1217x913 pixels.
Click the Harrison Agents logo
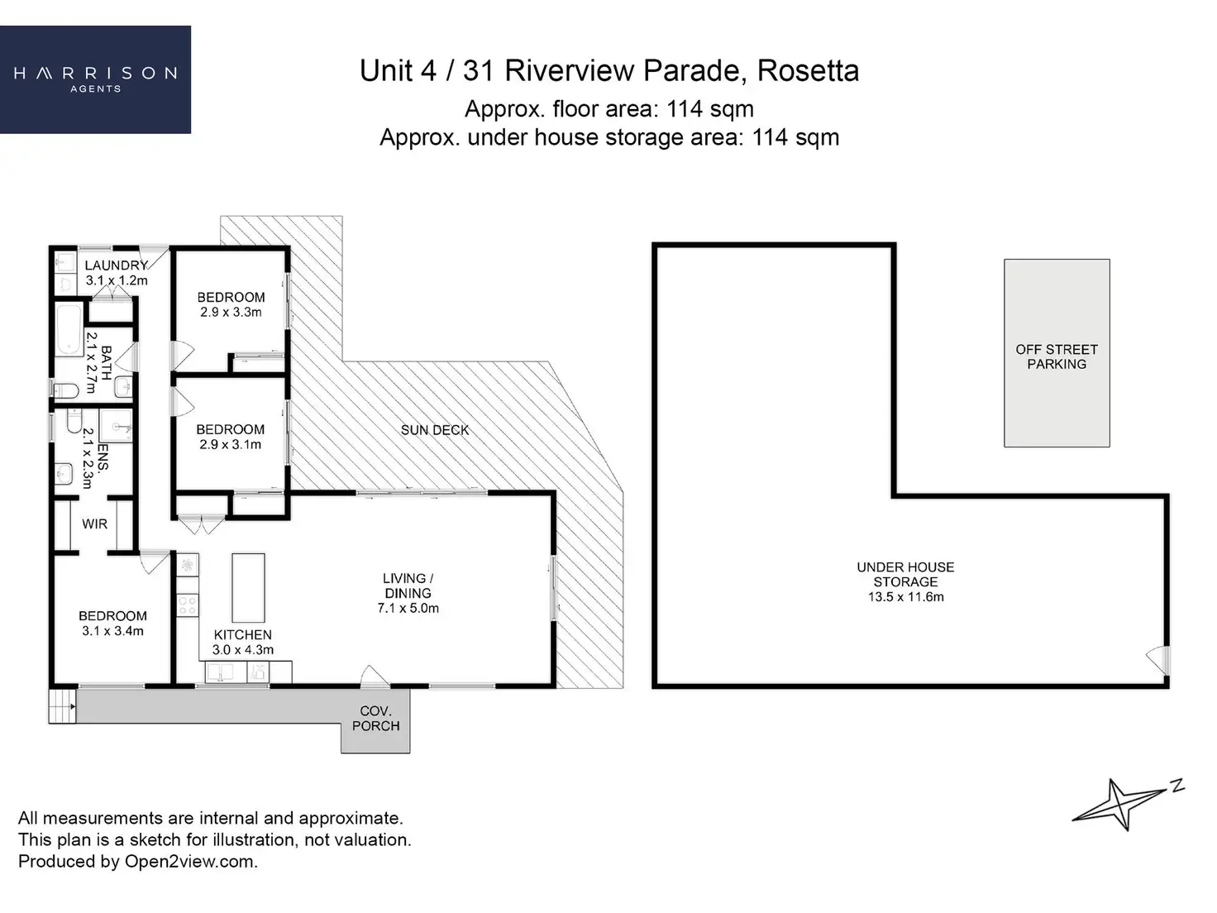tap(95, 79)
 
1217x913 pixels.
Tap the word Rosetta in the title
tap(808, 71)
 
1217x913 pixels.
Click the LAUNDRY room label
tap(116, 265)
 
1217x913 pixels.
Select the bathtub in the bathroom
tap(69, 329)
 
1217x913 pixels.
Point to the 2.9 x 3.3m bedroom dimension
tap(231, 312)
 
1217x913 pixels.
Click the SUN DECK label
tap(435, 430)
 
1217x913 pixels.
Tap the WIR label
tap(94, 523)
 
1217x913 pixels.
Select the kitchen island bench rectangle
tap(248, 588)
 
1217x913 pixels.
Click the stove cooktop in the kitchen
tap(188, 605)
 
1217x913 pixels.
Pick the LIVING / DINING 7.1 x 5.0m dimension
tap(408, 608)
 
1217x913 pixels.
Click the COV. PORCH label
tap(376, 719)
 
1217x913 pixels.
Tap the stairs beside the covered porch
tap(62, 705)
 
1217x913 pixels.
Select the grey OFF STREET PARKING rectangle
tap(1057, 353)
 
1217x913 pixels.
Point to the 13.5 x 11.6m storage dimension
tap(906, 597)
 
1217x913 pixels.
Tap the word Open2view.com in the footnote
tap(191, 862)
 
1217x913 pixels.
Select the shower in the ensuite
tap(116, 426)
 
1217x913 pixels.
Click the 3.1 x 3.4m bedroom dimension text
tap(112, 631)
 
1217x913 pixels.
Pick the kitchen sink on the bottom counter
tap(220, 673)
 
